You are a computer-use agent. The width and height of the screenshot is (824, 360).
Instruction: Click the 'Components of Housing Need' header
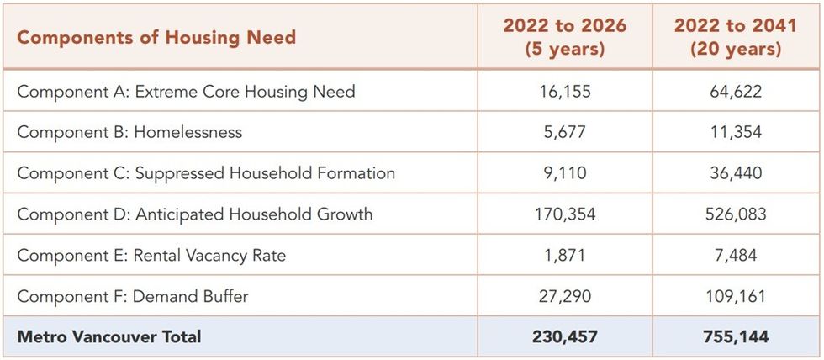coord(156,38)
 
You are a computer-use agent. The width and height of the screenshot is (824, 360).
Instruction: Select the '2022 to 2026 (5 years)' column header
coord(564,38)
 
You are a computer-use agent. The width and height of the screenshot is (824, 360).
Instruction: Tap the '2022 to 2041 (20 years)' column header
coord(735,38)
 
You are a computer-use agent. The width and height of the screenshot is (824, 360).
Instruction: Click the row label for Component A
coord(186,92)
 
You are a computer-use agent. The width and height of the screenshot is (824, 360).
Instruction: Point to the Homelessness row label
coord(129,132)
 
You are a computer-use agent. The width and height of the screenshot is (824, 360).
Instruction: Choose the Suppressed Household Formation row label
coord(206,173)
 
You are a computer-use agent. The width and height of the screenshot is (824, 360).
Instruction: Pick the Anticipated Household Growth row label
coord(194,214)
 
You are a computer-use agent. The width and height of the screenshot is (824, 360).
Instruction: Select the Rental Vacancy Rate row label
coord(151,255)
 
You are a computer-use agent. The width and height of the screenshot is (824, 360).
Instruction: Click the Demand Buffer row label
coord(133,296)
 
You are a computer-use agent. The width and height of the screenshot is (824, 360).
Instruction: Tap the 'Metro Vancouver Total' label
coord(109,337)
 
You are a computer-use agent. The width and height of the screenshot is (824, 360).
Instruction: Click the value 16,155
coord(564,92)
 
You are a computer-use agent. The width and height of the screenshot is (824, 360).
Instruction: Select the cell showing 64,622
coord(735,92)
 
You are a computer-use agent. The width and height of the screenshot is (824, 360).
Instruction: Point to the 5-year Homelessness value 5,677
coord(564,132)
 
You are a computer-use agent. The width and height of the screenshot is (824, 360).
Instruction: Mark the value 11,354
coord(735,132)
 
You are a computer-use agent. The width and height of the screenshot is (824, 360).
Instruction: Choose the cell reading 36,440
coord(735,173)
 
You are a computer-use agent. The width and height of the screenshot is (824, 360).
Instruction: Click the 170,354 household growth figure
coord(564,214)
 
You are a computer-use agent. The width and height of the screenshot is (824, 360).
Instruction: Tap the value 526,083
coord(735,214)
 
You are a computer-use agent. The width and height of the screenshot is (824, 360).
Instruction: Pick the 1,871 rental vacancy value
coord(564,255)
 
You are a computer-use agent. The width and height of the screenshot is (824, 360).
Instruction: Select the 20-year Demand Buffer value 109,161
coord(735,296)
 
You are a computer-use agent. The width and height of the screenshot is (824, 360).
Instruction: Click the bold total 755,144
coord(735,337)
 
